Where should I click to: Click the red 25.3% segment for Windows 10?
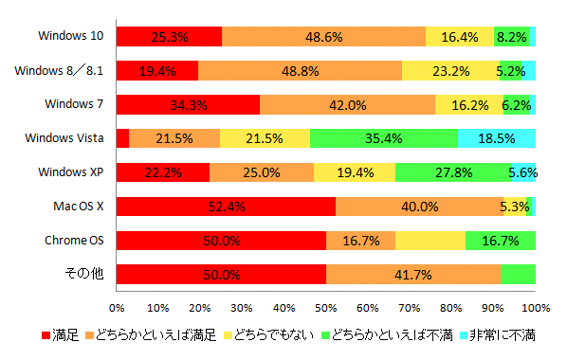tap(170, 37)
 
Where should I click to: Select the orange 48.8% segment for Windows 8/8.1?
tap(300, 71)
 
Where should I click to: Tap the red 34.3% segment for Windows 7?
tap(189, 104)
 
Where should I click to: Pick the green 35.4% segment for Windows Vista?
tap(384, 138)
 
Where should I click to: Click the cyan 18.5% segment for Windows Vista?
tap(497, 138)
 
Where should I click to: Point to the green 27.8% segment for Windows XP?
tap(452, 172)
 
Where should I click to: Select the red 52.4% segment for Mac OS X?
tap(226, 207)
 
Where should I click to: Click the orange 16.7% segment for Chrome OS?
tap(360, 241)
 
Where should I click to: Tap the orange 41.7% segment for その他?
tap(412, 275)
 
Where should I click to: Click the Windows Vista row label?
tap(69, 138)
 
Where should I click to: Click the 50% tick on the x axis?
tap(326, 307)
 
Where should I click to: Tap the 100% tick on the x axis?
tap(536, 307)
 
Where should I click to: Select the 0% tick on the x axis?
tap(118, 307)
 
